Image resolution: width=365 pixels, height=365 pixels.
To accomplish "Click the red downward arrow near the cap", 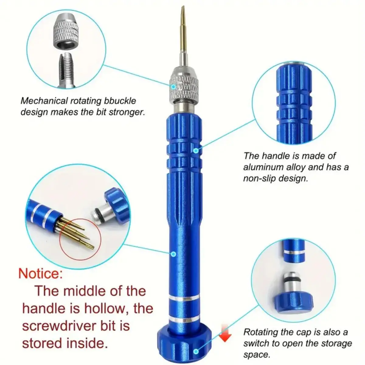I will tap(225, 334).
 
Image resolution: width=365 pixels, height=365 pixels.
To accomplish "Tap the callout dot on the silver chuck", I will tap(173, 86).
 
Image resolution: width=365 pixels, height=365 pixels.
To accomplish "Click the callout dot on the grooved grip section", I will tap(196, 150).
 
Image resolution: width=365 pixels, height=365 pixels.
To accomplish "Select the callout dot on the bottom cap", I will tap(196, 352).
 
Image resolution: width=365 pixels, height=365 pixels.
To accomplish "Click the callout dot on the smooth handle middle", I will tap(173, 253).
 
